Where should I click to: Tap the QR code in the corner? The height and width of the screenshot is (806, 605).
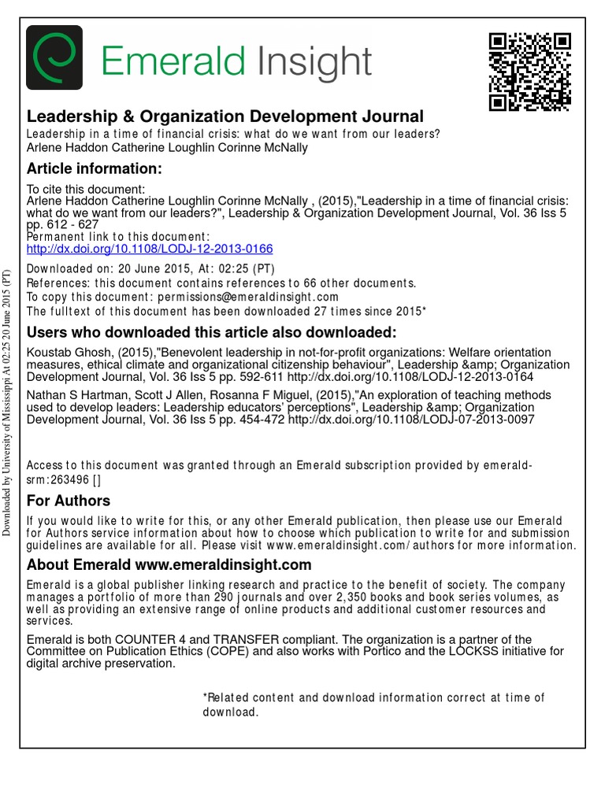[x=529, y=72]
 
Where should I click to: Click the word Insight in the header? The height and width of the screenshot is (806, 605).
[x=312, y=62]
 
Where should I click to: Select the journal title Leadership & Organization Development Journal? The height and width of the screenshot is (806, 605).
[x=225, y=116]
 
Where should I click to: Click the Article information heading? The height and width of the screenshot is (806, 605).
[x=94, y=168]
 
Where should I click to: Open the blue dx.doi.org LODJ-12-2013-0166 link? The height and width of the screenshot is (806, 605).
[x=150, y=249]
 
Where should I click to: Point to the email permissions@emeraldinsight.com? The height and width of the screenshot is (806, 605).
[x=247, y=297]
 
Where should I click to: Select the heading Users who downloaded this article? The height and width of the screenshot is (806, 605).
[x=212, y=331]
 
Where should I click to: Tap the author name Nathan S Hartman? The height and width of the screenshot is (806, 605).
[x=73, y=395]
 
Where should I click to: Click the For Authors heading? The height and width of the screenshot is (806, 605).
[x=69, y=501]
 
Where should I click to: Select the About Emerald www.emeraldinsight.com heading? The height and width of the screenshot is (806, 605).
[x=169, y=565]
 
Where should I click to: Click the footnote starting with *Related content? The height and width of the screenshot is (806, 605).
[x=373, y=704]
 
